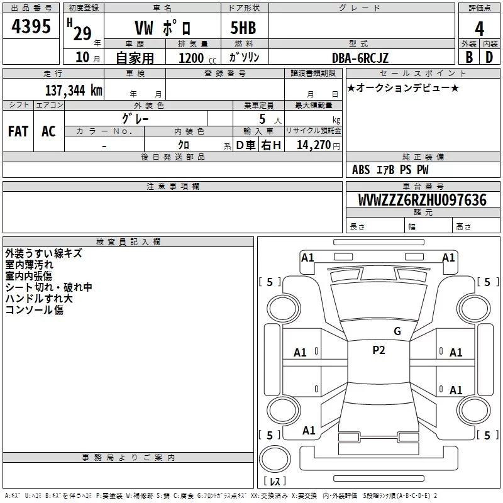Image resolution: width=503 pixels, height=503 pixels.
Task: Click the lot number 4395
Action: point(31,26)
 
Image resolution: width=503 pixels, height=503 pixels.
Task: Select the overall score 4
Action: point(479,29)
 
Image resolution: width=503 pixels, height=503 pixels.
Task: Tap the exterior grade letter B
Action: point(469,57)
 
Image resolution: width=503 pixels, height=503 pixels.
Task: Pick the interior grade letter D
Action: point(489,57)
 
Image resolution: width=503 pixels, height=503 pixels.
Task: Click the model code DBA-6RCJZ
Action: point(360,58)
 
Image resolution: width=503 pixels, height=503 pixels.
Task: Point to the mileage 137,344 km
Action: point(74,90)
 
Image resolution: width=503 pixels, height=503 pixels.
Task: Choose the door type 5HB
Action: point(243,28)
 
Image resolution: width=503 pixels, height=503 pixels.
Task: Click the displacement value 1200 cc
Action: point(197,58)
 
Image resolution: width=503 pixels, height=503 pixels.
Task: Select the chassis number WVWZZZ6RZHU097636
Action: point(422,200)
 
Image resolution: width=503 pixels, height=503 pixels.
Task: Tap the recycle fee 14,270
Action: point(313,145)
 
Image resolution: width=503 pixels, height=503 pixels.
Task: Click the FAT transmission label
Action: point(18,131)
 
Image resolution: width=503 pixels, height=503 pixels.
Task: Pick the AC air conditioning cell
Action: point(49,131)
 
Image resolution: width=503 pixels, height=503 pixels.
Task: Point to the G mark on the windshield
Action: point(397,331)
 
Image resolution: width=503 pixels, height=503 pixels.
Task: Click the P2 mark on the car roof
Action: point(379,350)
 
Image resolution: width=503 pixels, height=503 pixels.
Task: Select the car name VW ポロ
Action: point(163,28)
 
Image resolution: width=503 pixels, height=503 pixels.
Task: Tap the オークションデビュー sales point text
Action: point(403,87)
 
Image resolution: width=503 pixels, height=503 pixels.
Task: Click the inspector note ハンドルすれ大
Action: point(39,298)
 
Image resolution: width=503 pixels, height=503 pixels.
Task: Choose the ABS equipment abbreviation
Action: point(361,170)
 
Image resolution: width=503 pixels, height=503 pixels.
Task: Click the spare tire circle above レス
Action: point(275,459)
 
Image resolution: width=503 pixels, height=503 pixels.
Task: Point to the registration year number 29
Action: point(82,34)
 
